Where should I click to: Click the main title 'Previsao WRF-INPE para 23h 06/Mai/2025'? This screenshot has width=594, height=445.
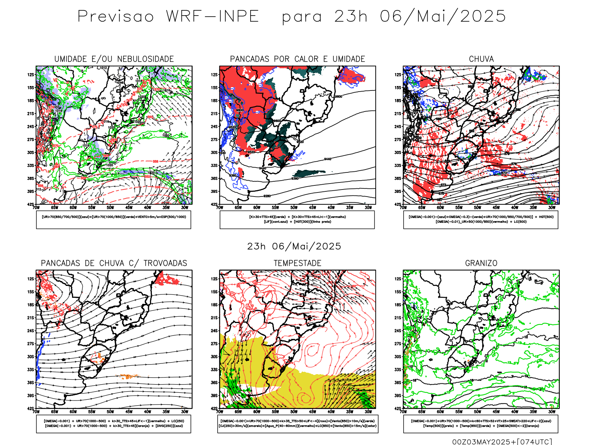(x=291, y=17)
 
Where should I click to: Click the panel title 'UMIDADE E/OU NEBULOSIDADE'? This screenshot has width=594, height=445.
(x=114, y=59)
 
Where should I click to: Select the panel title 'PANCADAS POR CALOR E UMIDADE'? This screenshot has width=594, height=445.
(x=297, y=59)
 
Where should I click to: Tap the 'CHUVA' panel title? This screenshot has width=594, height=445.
(x=481, y=59)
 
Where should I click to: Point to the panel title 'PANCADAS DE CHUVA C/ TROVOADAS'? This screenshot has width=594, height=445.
(x=114, y=263)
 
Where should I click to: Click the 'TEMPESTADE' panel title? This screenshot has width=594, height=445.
(x=297, y=263)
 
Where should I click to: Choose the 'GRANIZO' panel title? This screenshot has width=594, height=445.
(x=481, y=263)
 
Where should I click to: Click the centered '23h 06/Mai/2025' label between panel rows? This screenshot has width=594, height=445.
(x=294, y=246)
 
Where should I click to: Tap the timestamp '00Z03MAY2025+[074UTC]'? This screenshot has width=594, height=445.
(x=502, y=441)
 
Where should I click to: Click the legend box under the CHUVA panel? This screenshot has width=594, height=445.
(x=481, y=220)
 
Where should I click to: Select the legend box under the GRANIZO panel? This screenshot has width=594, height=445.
(x=481, y=423)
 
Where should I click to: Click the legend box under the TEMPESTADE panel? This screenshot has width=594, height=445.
(x=297, y=423)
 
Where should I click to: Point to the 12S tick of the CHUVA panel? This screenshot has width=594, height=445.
(x=398, y=75)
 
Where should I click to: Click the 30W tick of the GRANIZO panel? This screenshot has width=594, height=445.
(x=552, y=412)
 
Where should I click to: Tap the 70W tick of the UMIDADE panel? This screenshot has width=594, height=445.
(x=36, y=208)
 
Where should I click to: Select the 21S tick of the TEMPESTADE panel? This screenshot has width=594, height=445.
(x=214, y=318)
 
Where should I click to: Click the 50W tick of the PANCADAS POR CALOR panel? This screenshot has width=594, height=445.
(x=294, y=208)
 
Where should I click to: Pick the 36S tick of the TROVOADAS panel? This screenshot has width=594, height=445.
(x=31, y=383)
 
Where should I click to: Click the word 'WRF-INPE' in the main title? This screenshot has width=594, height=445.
(x=212, y=17)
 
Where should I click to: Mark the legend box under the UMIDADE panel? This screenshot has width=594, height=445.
(x=114, y=220)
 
